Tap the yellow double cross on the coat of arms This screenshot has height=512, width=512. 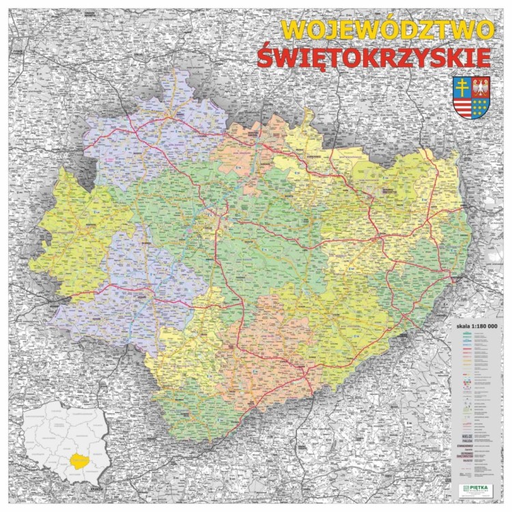pos(462,87)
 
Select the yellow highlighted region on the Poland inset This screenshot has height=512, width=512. pos(79,461)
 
